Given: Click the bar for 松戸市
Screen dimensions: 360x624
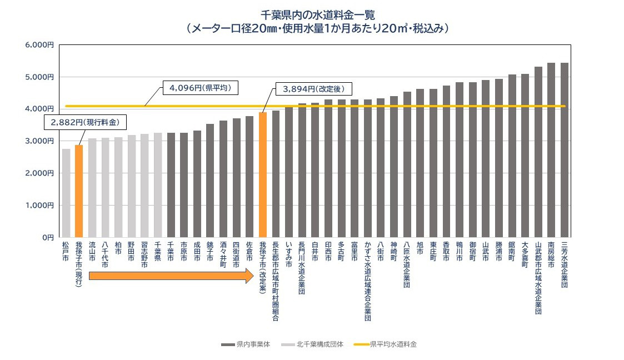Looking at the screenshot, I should pyautogui.click(x=66, y=193).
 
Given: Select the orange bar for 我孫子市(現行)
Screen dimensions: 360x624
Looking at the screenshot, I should pyautogui.click(x=79, y=191).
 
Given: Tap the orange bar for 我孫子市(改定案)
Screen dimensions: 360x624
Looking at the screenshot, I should pyautogui.click(x=263, y=174).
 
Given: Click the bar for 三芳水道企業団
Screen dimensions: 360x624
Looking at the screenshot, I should pyautogui.click(x=564, y=150).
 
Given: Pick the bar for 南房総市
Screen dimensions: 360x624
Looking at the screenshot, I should pyautogui.click(x=551, y=150).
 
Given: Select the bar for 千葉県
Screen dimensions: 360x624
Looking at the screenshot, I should pyautogui.click(x=158, y=185).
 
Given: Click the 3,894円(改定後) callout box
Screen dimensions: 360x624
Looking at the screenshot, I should pyautogui.click(x=315, y=88).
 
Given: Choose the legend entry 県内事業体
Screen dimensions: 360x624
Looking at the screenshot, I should pyautogui.click(x=245, y=344).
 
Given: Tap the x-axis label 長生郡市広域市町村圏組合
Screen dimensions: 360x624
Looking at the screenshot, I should pyautogui.click(x=276, y=281).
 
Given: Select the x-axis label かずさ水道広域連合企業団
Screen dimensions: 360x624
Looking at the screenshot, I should pyautogui.click(x=367, y=281).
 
